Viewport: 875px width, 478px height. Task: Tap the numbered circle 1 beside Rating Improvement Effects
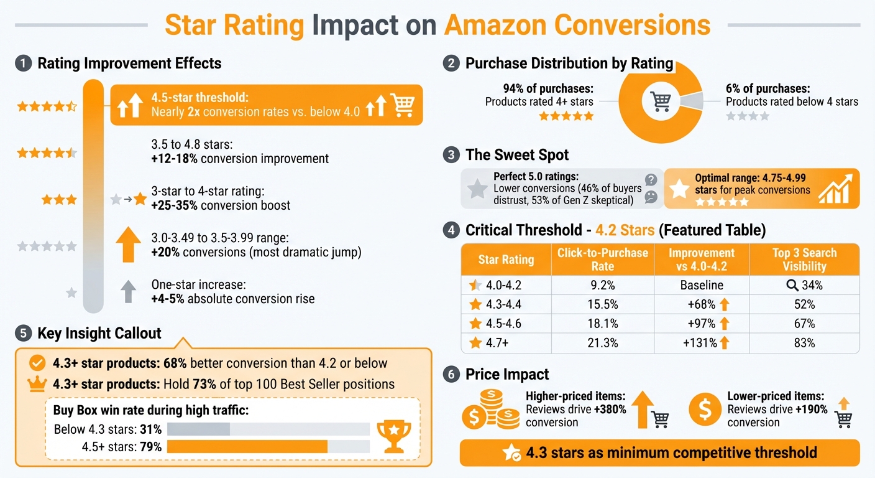click(x=23, y=63)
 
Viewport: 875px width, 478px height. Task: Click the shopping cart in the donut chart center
click(x=659, y=101)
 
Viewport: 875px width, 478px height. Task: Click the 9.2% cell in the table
click(x=602, y=285)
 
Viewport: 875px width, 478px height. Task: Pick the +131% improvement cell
click(x=702, y=343)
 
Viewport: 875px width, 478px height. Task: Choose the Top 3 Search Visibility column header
click(x=804, y=260)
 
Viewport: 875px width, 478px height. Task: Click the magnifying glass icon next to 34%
click(x=792, y=285)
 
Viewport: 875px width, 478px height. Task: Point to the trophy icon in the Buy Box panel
click(x=394, y=436)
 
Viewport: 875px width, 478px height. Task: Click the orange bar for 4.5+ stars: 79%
click(x=247, y=447)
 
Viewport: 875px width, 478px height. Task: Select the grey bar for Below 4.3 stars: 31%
click(x=199, y=429)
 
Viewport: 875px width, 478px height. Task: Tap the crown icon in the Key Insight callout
click(x=37, y=384)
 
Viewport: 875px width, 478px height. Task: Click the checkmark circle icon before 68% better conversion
click(x=37, y=363)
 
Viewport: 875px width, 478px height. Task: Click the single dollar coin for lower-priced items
click(x=705, y=409)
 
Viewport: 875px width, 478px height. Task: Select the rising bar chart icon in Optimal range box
click(x=834, y=189)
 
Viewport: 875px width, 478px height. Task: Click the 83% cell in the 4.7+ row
click(x=804, y=343)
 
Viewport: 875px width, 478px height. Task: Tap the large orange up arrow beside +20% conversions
click(x=128, y=245)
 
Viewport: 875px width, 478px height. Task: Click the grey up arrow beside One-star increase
click(x=128, y=291)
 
